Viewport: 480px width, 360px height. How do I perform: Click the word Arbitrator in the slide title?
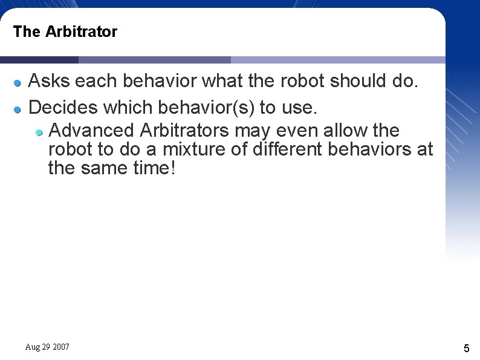click(x=81, y=31)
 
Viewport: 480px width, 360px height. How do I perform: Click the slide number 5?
click(x=466, y=348)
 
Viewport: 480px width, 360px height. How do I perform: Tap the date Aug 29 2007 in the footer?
click(x=47, y=347)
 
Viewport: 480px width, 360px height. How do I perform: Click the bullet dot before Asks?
click(x=18, y=82)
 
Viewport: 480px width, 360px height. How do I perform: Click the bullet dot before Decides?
click(x=18, y=109)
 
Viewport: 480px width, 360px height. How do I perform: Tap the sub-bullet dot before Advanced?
click(x=39, y=131)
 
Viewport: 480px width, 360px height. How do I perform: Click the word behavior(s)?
click(x=206, y=108)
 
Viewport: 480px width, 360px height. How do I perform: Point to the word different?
click(x=285, y=149)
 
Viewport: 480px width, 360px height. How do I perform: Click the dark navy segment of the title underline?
click(x=39, y=60)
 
